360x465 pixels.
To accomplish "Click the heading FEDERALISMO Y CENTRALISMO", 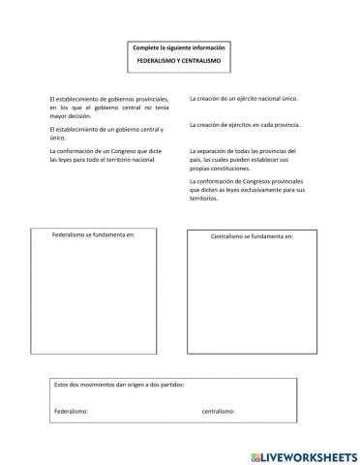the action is click(181, 61).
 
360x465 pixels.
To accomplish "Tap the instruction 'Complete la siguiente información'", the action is click(181, 46).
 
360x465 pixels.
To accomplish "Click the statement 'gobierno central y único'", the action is click(106, 133).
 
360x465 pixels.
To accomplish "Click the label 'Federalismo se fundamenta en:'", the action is click(93, 234).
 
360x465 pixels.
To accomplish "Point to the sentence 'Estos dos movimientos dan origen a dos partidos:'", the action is click(119, 385).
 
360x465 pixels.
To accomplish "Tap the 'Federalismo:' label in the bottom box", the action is click(72, 411).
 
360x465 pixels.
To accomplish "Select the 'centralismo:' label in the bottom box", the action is click(218, 411).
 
